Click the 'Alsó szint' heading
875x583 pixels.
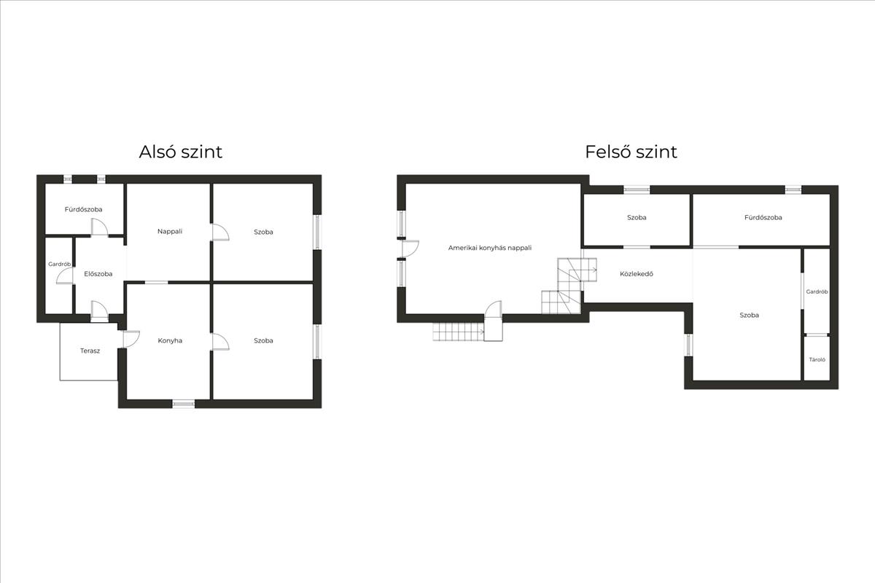[181, 152]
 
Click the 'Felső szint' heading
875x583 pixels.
[631, 152]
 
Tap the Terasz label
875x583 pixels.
[90, 351]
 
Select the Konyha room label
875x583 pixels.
[170, 340]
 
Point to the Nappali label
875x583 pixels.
[170, 232]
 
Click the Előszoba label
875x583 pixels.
[98, 274]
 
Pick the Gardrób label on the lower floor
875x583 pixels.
[59, 264]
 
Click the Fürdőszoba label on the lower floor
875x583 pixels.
[84, 210]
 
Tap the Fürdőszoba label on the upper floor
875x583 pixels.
[763, 218]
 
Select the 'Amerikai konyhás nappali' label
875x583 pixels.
[490, 248]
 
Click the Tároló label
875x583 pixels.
[817, 359]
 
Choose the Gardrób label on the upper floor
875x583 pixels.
[817, 291]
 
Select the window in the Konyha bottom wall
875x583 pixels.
[183, 402]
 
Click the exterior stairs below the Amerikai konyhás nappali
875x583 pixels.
[458, 332]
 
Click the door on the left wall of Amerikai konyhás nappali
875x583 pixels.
[409, 249]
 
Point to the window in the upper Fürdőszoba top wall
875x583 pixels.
[793, 189]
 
